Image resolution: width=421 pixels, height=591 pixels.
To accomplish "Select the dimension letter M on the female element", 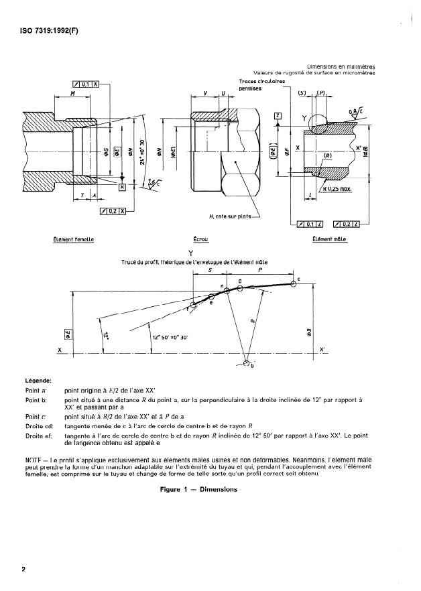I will tap(72, 94).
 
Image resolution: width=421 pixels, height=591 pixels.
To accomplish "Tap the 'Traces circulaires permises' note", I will tap(261, 85).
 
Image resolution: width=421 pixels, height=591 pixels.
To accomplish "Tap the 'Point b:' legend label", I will tap(38, 399).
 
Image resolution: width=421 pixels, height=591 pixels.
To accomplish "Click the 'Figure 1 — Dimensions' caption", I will tap(199, 489).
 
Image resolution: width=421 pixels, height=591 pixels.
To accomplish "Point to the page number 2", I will tap(23, 570).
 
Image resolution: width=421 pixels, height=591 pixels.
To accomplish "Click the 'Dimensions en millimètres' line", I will tap(341, 67).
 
